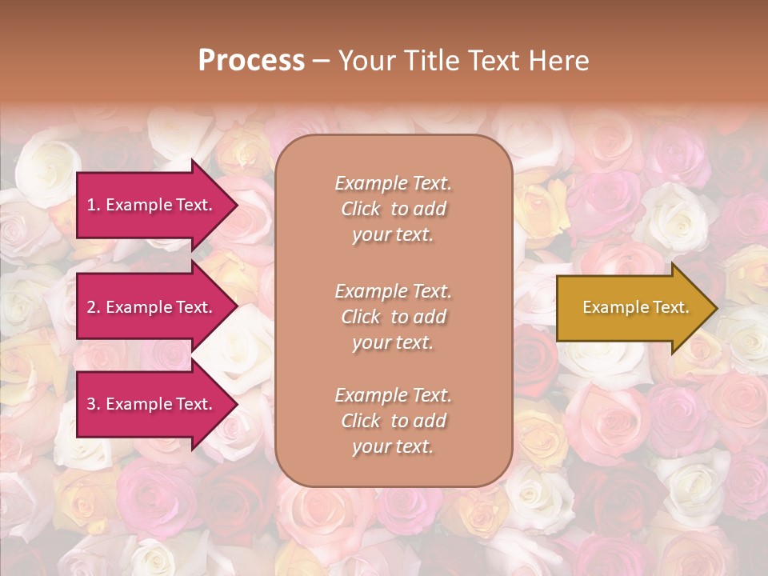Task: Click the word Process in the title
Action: pyautogui.click(x=251, y=61)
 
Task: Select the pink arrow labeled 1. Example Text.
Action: pyautogui.click(x=152, y=205)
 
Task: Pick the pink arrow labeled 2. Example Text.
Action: pyautogui.click(x=152, y=307)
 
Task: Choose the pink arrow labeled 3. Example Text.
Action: pyautogui.click(x=152, y=404)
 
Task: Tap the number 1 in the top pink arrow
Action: pyautogui.click(x=90, y=205)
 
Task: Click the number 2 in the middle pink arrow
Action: pyautogui.click(x=91, y=307)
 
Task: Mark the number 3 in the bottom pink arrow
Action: pyautogui.click(x=91, y=404)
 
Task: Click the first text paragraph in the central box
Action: pyautogui.click(x=393, y=209)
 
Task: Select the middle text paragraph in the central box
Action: pyautogui.click(x=393, y=317)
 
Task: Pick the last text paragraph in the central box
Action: pyautogui.click(x=393, y=421)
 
